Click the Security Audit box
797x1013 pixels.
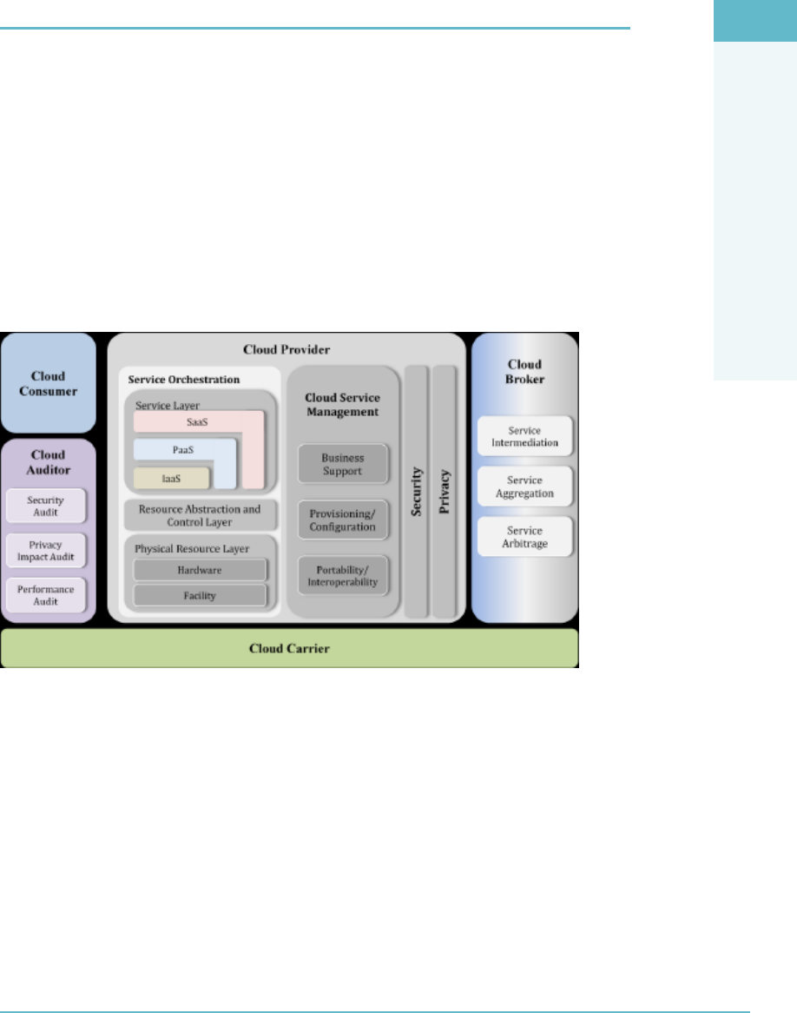point(47,506)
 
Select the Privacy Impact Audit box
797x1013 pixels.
point(47,550)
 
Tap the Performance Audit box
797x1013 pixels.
point(47,594)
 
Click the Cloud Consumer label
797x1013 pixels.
point(48,384)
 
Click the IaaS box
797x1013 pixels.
point(171,478)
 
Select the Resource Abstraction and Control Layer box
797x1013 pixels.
point(201,515)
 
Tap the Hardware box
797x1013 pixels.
point(200,570)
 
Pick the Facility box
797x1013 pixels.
point(200,596)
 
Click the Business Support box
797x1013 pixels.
point(342,464)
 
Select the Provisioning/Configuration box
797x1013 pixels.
point(342,520)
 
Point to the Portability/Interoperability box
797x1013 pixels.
point(342,575)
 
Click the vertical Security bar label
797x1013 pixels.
point(417,492)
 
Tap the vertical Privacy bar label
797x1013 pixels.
point(445,492)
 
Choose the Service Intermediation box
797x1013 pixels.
point(524,435)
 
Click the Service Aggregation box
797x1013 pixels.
point(524,487)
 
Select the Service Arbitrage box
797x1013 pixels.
point(524,537)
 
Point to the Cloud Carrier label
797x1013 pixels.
point(289,648)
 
